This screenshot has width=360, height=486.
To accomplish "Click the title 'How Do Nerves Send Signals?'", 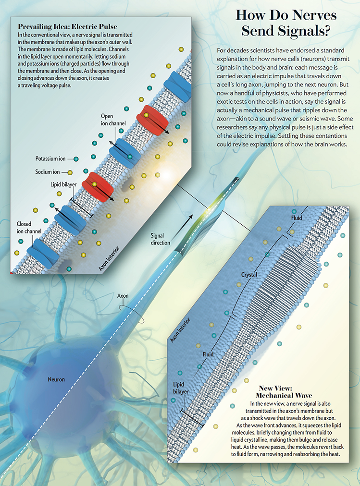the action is (286, 23).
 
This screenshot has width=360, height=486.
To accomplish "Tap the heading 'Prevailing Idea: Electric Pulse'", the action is (68, 26).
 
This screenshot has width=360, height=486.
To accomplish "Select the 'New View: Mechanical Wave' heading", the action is (284, 392).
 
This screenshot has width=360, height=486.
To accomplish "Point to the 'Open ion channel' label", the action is (113, 120).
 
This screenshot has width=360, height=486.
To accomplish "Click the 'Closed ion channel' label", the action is (29, 228).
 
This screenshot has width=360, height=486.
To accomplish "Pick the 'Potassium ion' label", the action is (50, 158).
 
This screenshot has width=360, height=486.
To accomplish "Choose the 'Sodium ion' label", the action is (47, 172).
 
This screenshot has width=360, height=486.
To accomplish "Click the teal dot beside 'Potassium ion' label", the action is (76, 159).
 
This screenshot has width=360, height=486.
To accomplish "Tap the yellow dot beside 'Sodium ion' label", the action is (70, 172).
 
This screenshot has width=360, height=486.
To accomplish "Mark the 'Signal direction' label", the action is (161, 239).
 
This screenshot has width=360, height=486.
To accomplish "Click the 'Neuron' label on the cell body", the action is (56, 379).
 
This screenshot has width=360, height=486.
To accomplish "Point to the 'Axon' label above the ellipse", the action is (123, 296).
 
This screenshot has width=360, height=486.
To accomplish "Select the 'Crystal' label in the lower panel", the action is (249, 275).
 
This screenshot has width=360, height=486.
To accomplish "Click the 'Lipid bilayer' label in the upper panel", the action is (63, 184).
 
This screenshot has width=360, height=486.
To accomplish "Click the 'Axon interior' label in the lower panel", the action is (180, 330).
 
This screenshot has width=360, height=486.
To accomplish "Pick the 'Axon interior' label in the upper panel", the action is (109, 259).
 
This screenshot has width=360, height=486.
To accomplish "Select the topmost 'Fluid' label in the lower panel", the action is (297, 218).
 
